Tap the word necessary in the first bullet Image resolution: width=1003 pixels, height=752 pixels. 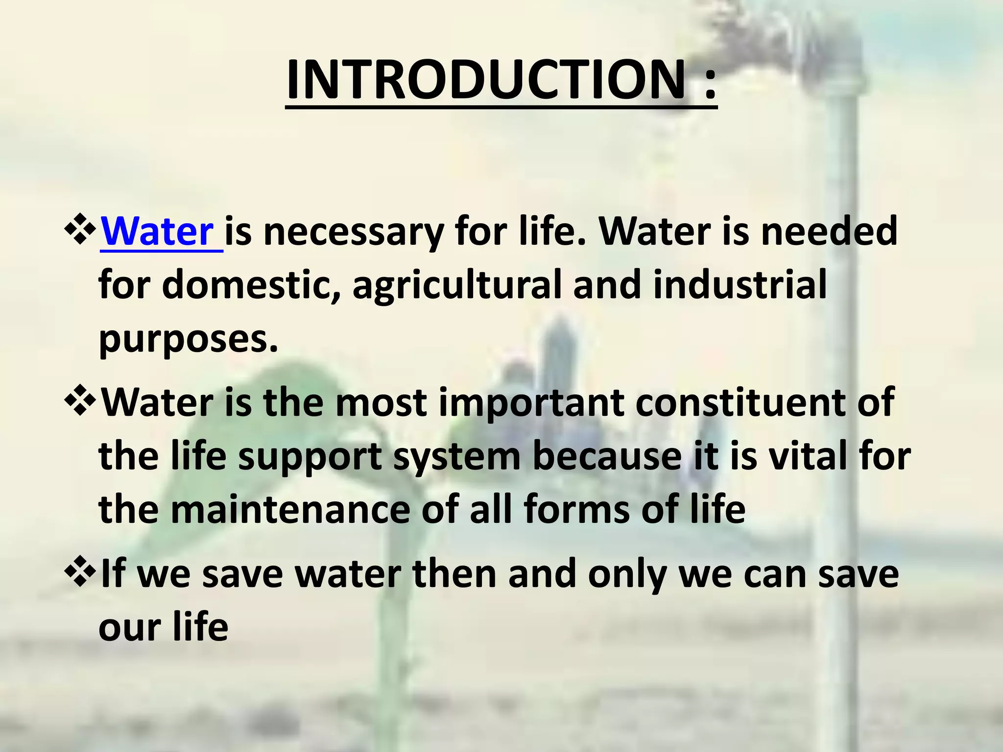click(x=353, y=233)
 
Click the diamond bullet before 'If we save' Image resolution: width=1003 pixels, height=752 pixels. click(x=79, y=573)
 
